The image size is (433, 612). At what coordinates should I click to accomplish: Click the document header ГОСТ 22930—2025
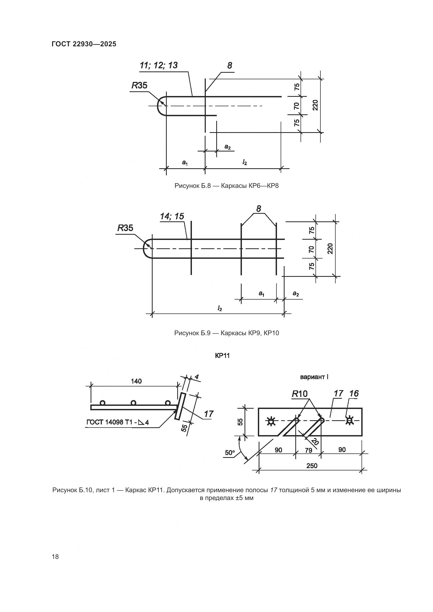coord(84,44)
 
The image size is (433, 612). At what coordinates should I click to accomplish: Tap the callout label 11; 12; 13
coord(159,66)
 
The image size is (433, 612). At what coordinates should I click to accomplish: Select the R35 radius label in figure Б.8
coord(140,86)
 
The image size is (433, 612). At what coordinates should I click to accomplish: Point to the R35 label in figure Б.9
coord(125,228)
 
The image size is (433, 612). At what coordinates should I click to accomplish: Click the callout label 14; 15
coord(172,216)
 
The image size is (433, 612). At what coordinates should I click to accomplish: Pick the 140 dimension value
coord(136,381)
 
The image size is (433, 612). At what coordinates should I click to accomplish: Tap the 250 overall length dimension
coord(312,466)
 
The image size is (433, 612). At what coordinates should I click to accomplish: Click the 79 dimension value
coord(308,450)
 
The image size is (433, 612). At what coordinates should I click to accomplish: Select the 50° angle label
coord(230,453)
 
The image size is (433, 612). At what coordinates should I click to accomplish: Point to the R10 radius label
coord(300,394)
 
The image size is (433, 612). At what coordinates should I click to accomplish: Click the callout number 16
coord(354,394)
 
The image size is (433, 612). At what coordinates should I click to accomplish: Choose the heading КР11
coord(222,356)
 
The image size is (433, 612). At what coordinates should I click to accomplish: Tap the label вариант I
coord(314,377)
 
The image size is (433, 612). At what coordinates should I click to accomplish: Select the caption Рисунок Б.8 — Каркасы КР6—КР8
coord(226,186)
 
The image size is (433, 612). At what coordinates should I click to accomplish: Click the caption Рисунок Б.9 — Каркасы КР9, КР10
coord(226,333)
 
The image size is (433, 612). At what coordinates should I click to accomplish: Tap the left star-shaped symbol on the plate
coord(271,421)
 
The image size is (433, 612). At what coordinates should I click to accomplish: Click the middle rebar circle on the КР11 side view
coord(134,403)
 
